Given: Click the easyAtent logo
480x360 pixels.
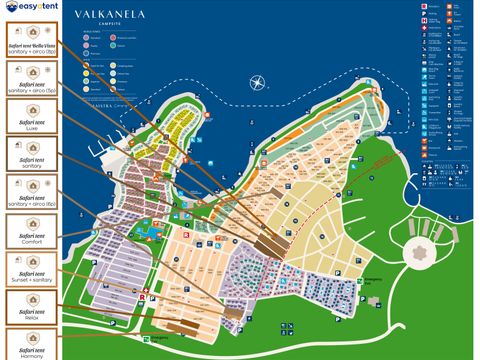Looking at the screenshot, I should tap(31, 12).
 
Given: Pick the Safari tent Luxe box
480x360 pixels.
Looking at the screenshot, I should tap(29, 118).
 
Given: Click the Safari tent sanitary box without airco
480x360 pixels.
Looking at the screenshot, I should tap(29, 154).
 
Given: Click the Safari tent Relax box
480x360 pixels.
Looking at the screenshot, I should tap(29, 307).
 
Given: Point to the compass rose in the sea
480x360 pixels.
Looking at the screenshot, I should tap(258, 84).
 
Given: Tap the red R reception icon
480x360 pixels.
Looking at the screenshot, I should tap(142, 297).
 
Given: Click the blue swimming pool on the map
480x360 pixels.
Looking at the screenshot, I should tap(146, 230).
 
